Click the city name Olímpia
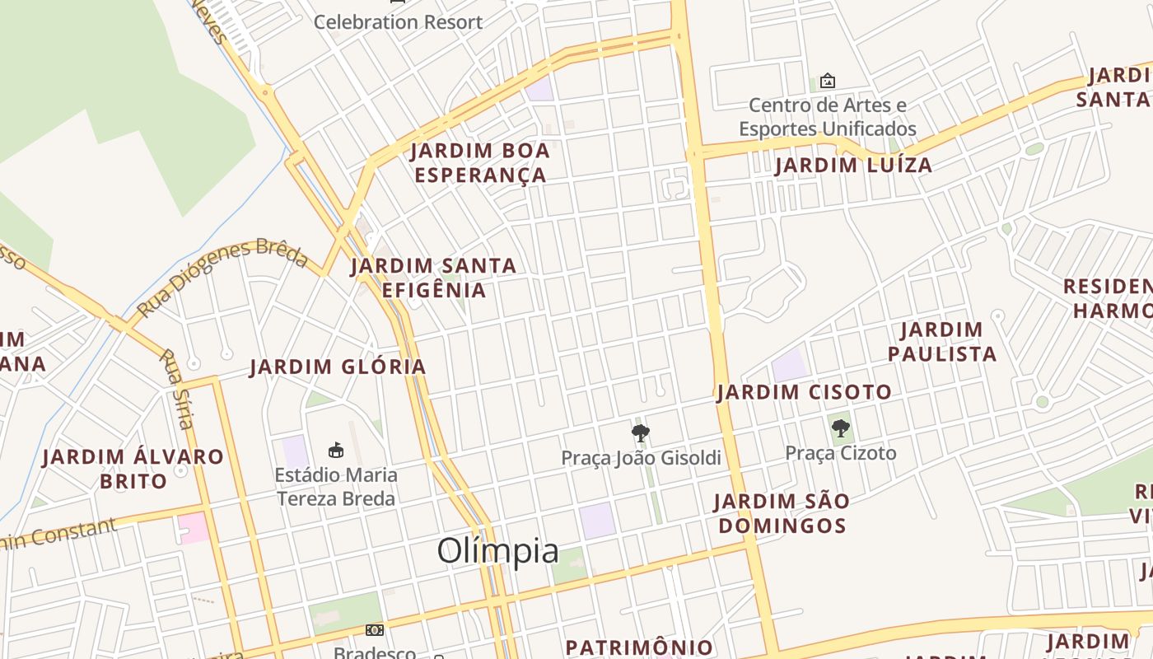click(497, 551)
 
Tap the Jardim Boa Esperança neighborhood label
click(480, 163)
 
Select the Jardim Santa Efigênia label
click(434, 278)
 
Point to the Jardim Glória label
click(338, 367)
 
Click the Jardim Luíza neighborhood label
click(853, 166)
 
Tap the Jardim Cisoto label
click(804, 392)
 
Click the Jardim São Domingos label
click(780, 513)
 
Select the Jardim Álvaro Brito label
click(133, 469)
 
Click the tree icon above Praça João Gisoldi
click(640, 432)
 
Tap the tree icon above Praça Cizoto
click(841, 428)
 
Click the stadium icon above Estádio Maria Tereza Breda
click(336, 450)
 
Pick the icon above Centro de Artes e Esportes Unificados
click(828, 81)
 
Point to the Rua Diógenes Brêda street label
click(222, 278)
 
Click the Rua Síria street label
click(176, 389)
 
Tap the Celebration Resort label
click(398, 22)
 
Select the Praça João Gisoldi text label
click(641, 458)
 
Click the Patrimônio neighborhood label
click(639, 647)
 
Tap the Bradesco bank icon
click(375, 630)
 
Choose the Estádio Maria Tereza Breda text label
click(336, 487)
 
